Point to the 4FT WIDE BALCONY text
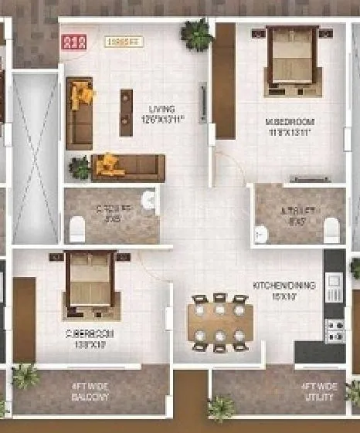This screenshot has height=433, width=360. coord(91,391)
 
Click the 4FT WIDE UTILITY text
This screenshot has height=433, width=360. coord(319,391)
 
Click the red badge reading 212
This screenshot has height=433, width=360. coord(73,42)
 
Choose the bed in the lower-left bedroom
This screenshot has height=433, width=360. coord(89,279)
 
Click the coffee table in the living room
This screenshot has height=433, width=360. coord(126,113)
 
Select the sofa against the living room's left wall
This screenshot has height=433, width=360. coord(79,113)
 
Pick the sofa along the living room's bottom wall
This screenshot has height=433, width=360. coord(128,166)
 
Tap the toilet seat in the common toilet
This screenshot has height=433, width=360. coord(76,228)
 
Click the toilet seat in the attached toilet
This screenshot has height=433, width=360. coord(331,229)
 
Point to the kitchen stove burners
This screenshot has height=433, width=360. coord(335,330)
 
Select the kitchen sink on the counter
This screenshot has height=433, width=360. coord(335,288)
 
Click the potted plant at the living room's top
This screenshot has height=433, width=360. coord(197,35)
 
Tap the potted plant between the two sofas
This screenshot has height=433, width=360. coord(79,166)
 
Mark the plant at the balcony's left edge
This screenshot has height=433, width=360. coord(25,377)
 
